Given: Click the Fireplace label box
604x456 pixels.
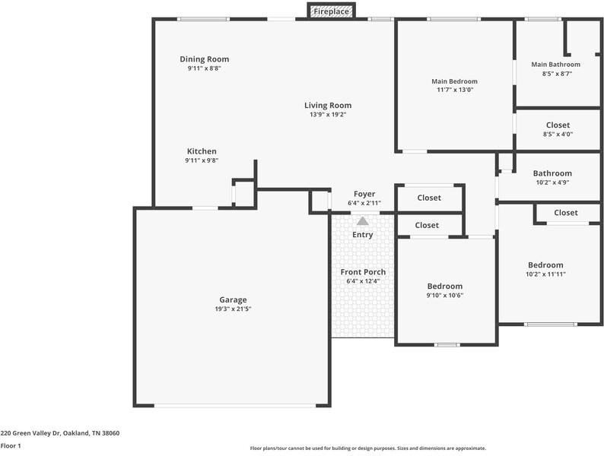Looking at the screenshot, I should tap(331, 11).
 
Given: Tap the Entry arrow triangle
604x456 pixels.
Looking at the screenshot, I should tap(363, 221).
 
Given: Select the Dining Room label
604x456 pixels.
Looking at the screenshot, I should tap(204, 59).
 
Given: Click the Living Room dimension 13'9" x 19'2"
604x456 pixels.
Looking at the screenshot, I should tap(328, 115).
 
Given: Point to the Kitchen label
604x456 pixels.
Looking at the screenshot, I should tap(202, 151).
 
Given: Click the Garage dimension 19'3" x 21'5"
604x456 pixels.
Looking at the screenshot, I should tap(233, 309).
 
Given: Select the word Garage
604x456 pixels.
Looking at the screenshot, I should tap(233, 299).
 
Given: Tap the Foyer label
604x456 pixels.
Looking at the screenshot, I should tap(363, 194).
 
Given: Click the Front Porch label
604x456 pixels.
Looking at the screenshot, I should tap(363, 272).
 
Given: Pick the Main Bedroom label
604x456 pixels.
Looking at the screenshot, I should tap(454, 81).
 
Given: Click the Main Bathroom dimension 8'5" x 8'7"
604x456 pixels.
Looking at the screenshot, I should tap(556, 74).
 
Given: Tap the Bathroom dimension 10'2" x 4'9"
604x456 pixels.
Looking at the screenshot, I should tap(552, 182).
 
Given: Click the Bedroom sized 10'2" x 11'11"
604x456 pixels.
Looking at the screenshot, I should tap(545, 265).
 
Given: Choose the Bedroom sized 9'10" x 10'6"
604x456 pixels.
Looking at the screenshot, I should tap(444, 287).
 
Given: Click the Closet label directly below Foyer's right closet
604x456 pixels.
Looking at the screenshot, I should tap(427, 226).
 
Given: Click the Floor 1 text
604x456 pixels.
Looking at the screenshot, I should tap(11, 446).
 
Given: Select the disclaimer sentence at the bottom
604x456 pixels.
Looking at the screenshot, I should tap(367, 448).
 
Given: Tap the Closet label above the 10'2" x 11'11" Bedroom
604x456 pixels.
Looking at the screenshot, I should tap(565, 213).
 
